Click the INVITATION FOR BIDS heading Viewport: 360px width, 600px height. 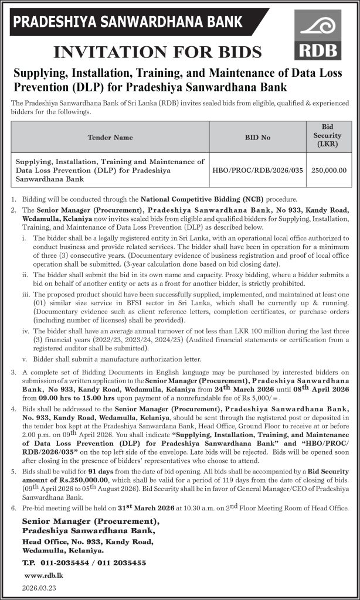(x=157, y=52)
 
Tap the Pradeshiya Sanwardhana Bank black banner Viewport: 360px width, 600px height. (x=128, y=22)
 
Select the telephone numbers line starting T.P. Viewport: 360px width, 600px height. (x=83, y=562)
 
